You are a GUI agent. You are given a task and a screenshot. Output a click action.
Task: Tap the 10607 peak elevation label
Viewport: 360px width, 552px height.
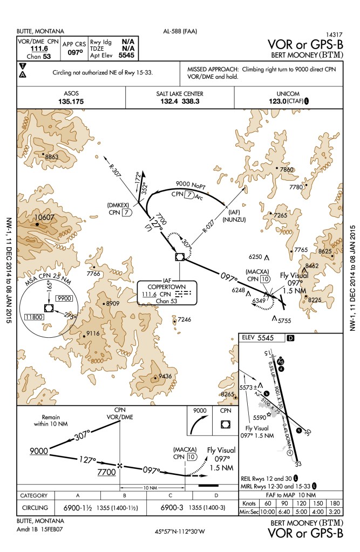click(44, 217)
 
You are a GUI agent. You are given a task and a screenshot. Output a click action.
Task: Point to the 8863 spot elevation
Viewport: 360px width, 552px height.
click(52, 156)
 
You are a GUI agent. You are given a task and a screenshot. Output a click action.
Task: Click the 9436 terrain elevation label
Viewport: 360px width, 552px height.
click(165, 376)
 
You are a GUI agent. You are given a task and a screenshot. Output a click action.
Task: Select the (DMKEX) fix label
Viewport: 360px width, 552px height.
click(118, 205)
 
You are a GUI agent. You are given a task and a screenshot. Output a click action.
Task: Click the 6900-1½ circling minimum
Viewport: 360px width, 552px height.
click(78, 508)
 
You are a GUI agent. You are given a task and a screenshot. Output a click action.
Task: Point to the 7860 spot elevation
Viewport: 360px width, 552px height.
click(287, 169)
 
